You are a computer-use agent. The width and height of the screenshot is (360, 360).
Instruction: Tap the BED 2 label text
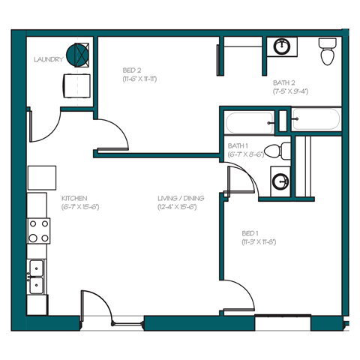tap(131, 70)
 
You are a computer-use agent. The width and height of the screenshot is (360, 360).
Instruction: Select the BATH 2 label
tap(283, 82)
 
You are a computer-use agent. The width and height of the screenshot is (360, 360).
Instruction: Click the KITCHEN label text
tap(73, 198)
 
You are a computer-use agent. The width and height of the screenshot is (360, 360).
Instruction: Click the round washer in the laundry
tap(77, 54)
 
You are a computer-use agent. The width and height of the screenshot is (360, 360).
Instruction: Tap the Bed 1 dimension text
tap(259, 242)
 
